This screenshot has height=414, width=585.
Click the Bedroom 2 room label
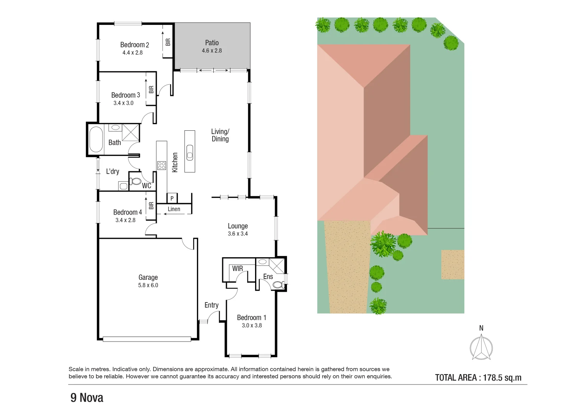[x=134, y=45]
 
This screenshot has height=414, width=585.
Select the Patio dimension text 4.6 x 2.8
[x=212, y=51]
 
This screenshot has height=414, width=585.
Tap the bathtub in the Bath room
[x=96, y=139]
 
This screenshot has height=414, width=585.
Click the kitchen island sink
[x=190, y=153]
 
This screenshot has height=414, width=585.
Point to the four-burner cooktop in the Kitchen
[x=162, y=165]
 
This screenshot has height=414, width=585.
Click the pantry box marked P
[x=172, y=198]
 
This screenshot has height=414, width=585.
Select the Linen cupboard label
[x=174, y=209]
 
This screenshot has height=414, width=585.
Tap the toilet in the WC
[x=135, y=181]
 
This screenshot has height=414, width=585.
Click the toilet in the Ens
[x=278, y=285]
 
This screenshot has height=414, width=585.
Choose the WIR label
[x=238, y=268]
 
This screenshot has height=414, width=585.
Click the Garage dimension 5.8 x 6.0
[x=148, y=285]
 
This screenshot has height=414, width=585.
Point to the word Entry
[x=211, y=305]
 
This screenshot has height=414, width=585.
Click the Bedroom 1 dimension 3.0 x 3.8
[x=252, y=325]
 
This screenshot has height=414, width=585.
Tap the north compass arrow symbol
[x=481, y=347]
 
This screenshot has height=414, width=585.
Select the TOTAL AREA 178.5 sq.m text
[x=478, y=378]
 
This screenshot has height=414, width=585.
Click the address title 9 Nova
[x=87, y=398]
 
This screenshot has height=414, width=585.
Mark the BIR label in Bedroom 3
[x=151, y=89]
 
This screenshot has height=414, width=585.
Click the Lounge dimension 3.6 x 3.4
[x=238, y=234]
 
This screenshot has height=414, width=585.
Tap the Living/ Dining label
[x=220, y=135]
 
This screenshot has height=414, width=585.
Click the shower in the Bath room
[x=131, y=132]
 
